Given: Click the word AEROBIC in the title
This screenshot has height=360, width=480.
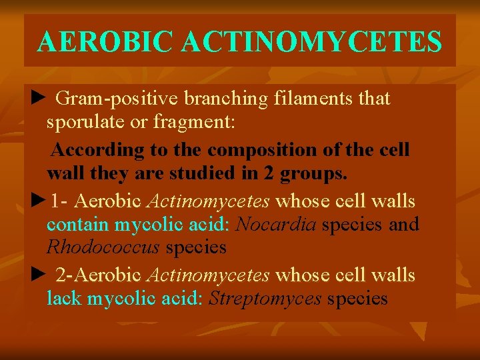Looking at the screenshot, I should [106, 41].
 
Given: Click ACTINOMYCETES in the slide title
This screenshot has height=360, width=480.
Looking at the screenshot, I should [312, 41].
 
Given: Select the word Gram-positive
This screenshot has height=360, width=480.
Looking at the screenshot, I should [117, 99].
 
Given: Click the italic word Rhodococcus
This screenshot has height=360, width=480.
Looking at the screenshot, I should [103, 248].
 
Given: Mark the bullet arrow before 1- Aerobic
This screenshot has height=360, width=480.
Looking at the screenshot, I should [37, 200].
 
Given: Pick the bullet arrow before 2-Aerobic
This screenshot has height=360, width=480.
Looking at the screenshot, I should [37, 274].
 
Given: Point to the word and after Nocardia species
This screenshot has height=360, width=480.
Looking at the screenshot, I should [403, 225].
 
